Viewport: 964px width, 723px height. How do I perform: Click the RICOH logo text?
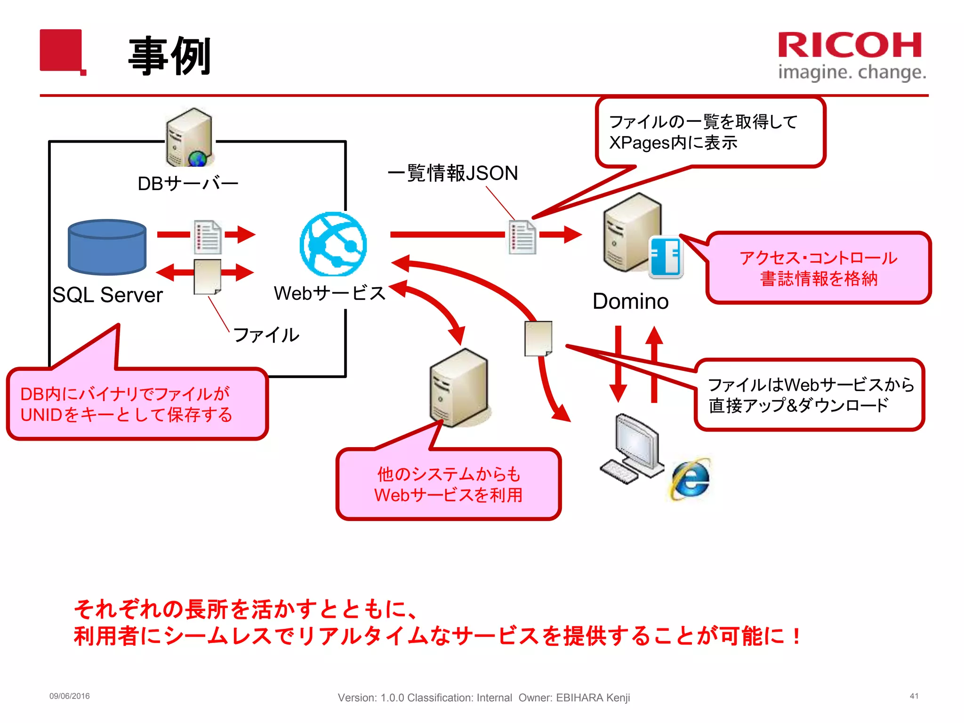point(850,46)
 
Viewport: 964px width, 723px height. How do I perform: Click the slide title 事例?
point(169,56)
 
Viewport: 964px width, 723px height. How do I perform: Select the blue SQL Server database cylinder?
point(107,247)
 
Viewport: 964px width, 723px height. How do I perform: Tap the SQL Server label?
point(107,295)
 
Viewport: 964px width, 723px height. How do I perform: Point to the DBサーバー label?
point(188,184)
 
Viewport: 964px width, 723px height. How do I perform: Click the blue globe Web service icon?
point(333,244)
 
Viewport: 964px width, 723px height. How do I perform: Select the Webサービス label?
point(329,293)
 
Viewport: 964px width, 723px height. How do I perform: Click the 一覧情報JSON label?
point(453,173)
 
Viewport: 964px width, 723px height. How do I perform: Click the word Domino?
point(630,301)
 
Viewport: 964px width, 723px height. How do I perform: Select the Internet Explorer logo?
point(690,479)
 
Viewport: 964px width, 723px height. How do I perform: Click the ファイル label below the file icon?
point(266,335)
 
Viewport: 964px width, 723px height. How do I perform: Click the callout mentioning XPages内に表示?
point(710,132)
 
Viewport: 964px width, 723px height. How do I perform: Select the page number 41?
point(914,696)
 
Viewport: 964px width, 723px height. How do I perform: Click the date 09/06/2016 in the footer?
point(70,696)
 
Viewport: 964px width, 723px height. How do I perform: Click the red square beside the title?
point(62,51)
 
